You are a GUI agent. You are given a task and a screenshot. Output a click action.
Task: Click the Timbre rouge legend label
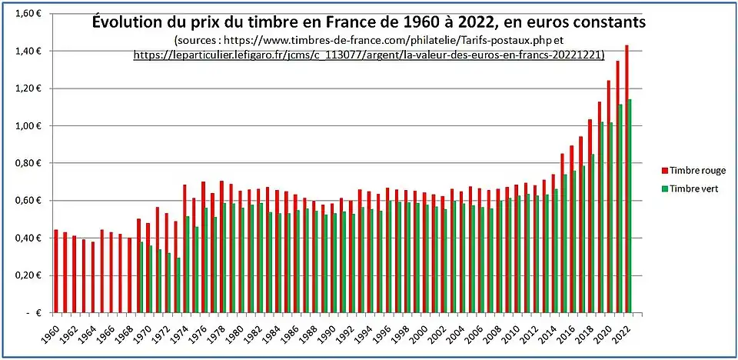click(697, 171)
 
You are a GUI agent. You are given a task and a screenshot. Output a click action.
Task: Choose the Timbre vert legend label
click(694, 188)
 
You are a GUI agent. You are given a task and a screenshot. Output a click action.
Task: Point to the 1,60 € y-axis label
click(28, 14)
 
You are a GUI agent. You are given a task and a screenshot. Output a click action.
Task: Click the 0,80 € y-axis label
click(28, 163)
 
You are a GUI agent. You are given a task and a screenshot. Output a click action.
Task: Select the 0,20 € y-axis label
click(28, 275)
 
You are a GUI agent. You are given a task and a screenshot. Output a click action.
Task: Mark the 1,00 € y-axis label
click(28, 126)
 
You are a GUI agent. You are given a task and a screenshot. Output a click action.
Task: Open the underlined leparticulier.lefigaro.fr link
click(369, 55)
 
